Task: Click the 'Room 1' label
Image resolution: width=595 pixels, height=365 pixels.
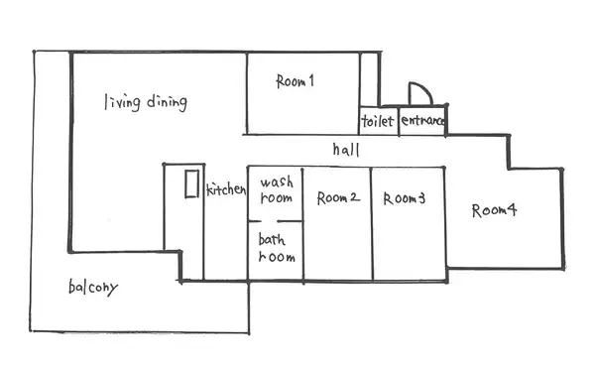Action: point(295,80)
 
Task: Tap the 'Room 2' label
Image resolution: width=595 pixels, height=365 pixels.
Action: point(338,197)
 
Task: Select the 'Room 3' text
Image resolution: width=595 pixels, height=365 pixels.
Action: point(405,198)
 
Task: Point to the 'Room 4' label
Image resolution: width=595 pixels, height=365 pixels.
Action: point(494,210)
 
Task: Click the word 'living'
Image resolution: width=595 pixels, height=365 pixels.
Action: point(123,102)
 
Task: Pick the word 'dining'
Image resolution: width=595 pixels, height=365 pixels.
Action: point(167,102)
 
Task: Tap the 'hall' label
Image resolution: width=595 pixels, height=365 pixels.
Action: point(346,150)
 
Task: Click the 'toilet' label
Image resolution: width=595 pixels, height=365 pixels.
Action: point(378,121)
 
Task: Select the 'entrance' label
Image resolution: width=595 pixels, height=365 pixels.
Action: point(422,120)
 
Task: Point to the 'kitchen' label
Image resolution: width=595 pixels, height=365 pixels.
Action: point(226,189)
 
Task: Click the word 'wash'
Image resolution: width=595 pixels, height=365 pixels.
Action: point(277,182)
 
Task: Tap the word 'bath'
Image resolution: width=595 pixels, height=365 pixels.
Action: point(272,240)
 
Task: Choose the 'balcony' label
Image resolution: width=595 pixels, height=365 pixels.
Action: point(93,288)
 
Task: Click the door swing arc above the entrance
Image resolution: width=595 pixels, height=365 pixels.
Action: point(426,88)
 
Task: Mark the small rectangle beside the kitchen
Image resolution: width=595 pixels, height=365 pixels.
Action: point(191,184)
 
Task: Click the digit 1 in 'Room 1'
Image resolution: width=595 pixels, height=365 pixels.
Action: point(311,80)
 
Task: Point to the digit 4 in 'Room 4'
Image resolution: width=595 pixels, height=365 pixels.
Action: point(512,209)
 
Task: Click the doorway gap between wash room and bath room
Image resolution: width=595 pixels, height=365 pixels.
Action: point(269,221)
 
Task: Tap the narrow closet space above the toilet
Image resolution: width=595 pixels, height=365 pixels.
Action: point(369,79)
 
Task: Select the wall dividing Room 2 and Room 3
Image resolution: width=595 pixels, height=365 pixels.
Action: point(372,224)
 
